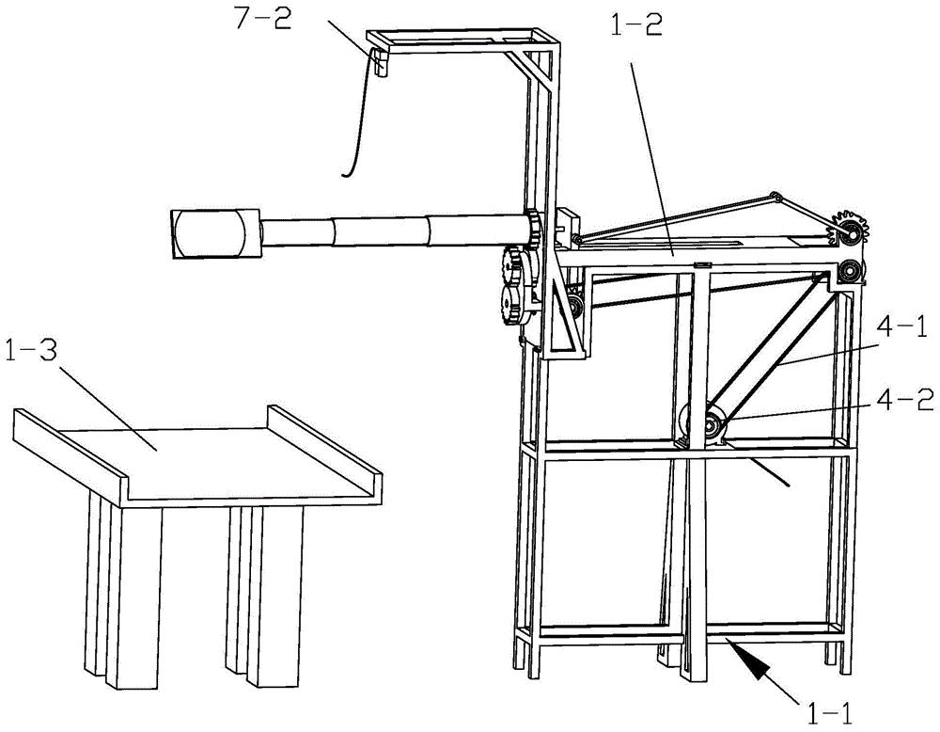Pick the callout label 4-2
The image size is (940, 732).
911,399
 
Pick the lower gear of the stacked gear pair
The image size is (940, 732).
515,303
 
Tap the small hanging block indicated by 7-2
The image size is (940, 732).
380,61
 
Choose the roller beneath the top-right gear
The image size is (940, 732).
850,271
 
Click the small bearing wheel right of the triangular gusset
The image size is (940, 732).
576,306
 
